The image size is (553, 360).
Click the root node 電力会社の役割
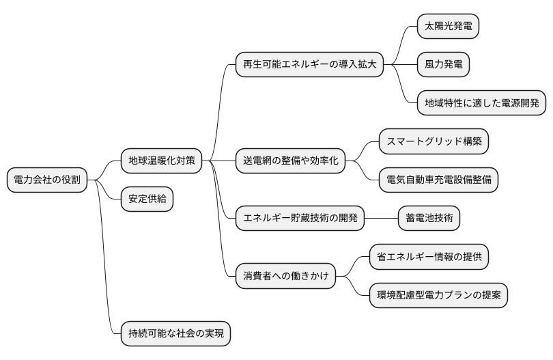click(x=46, y=180)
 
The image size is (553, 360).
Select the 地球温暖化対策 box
click(x=161, y=161)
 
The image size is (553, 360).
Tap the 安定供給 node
click(x=147, y=199)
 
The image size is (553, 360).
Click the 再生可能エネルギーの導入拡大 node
click(x=309, y=65)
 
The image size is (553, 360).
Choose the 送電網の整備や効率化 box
click(x=289, y=161)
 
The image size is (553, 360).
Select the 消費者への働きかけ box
click(x=285, y=277)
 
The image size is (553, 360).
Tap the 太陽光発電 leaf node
click(x=448, y=27)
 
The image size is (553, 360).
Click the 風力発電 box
click(x=443, y=65)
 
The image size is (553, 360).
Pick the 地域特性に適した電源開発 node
click(x=481, y=103)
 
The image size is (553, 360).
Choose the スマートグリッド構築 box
click(x=434, y=141)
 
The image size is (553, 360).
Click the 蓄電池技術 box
click(x=429, y=219)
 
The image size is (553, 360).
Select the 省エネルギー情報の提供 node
click(x=429, y=257)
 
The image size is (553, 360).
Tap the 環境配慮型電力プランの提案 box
click(x=438, y=296)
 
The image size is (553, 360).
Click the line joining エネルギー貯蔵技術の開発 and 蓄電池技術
click(x=381, y=219)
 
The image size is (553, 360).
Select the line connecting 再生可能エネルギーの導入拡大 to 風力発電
click(x=400, y=65)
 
